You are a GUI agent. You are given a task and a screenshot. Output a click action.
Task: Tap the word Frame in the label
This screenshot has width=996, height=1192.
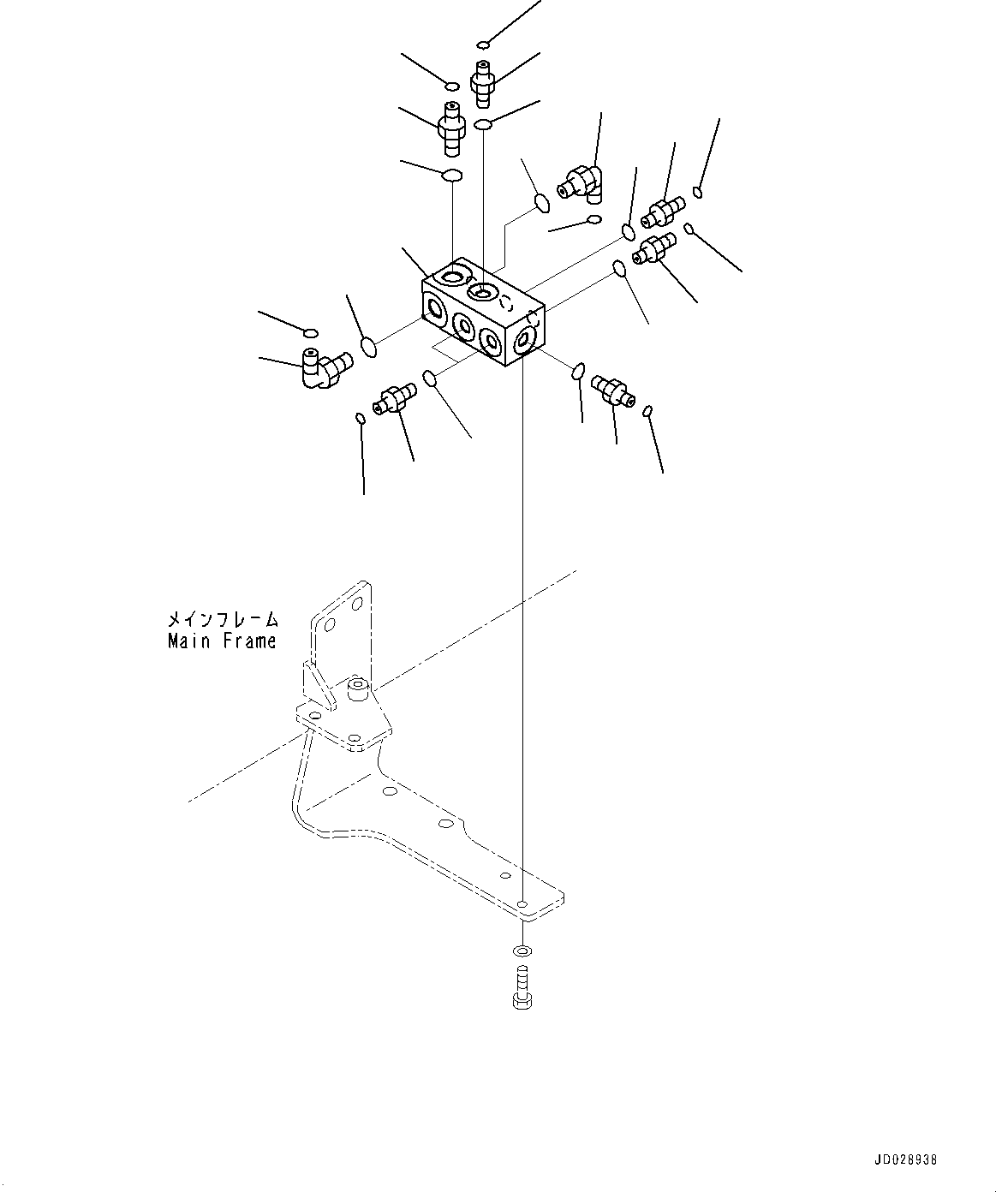click(x=248, y=641)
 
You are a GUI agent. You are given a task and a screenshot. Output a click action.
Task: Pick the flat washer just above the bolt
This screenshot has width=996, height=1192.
click(x=522, y=951)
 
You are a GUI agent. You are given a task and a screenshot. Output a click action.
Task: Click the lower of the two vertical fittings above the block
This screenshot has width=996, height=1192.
click(x=450, y=128)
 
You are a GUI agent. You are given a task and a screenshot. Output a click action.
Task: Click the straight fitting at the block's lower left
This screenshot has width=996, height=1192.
click(x=393, y=397)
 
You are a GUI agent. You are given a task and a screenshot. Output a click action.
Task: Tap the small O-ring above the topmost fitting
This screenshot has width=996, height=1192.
click(x=485, y=45)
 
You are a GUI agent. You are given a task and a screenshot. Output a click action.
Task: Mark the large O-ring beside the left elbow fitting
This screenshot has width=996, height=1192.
click(x=369, y=347)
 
